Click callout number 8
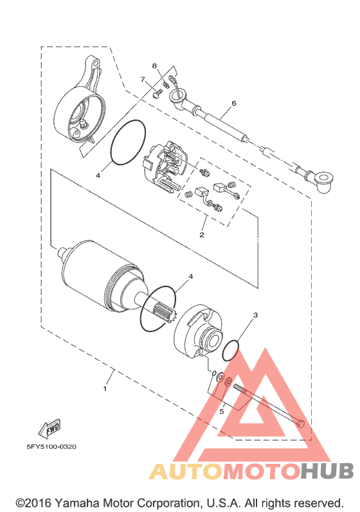154,66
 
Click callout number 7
143,80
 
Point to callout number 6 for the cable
233,103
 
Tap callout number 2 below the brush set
202,234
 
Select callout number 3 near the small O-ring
255,315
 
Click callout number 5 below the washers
222,411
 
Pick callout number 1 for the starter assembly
105,389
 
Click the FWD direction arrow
50,428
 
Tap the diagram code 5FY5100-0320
51,446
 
